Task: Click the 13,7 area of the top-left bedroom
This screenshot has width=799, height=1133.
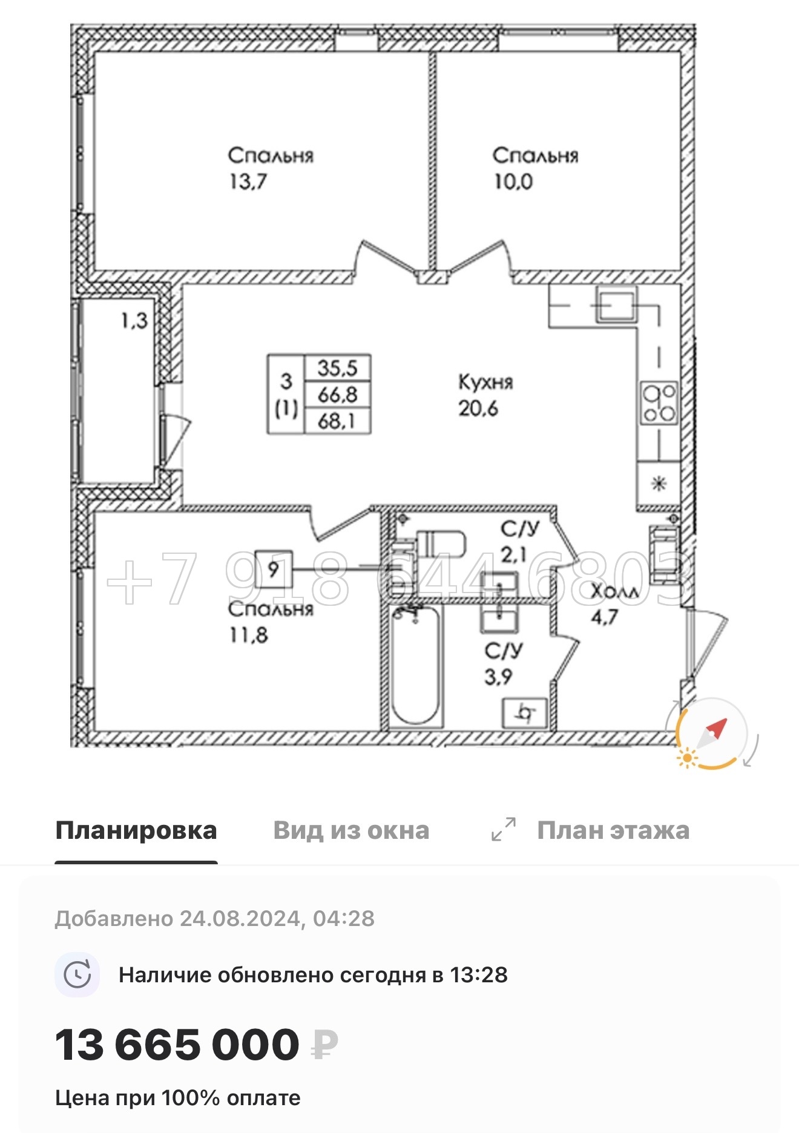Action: click(x=248, y=182)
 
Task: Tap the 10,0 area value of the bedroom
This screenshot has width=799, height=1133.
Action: click(x=513, y=182)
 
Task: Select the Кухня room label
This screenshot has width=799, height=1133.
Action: click(x=485, y=382)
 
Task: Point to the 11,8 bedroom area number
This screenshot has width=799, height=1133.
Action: click(x=248, y=635)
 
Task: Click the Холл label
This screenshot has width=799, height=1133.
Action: click(x=614, y=591)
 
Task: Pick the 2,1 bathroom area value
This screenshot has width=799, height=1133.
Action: click(x=513, y=554)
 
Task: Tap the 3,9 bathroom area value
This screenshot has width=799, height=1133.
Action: click(x=498, y=677)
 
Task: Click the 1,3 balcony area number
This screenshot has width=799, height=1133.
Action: click(x=134, y=320)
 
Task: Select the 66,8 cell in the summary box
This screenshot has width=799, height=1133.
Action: click(x=337, y=395)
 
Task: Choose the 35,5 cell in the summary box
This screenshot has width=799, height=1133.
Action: click(x=337, y=368)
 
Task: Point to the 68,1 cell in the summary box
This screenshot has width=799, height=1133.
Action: click(x=337, y=421)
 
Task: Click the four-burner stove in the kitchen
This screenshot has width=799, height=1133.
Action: click(x=659, y=403)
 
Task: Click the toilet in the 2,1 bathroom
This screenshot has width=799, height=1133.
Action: click(x=441, y=544)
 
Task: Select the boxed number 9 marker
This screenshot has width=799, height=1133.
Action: click(x=274, y=569)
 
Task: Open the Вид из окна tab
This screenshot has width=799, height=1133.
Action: click(x=351, y=830)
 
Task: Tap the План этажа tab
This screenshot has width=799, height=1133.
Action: click(x=613, y=830)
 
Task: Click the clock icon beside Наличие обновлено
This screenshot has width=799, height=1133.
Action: click(x=77, y=975)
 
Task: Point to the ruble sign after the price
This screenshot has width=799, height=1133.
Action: click(x=324, y=1045)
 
